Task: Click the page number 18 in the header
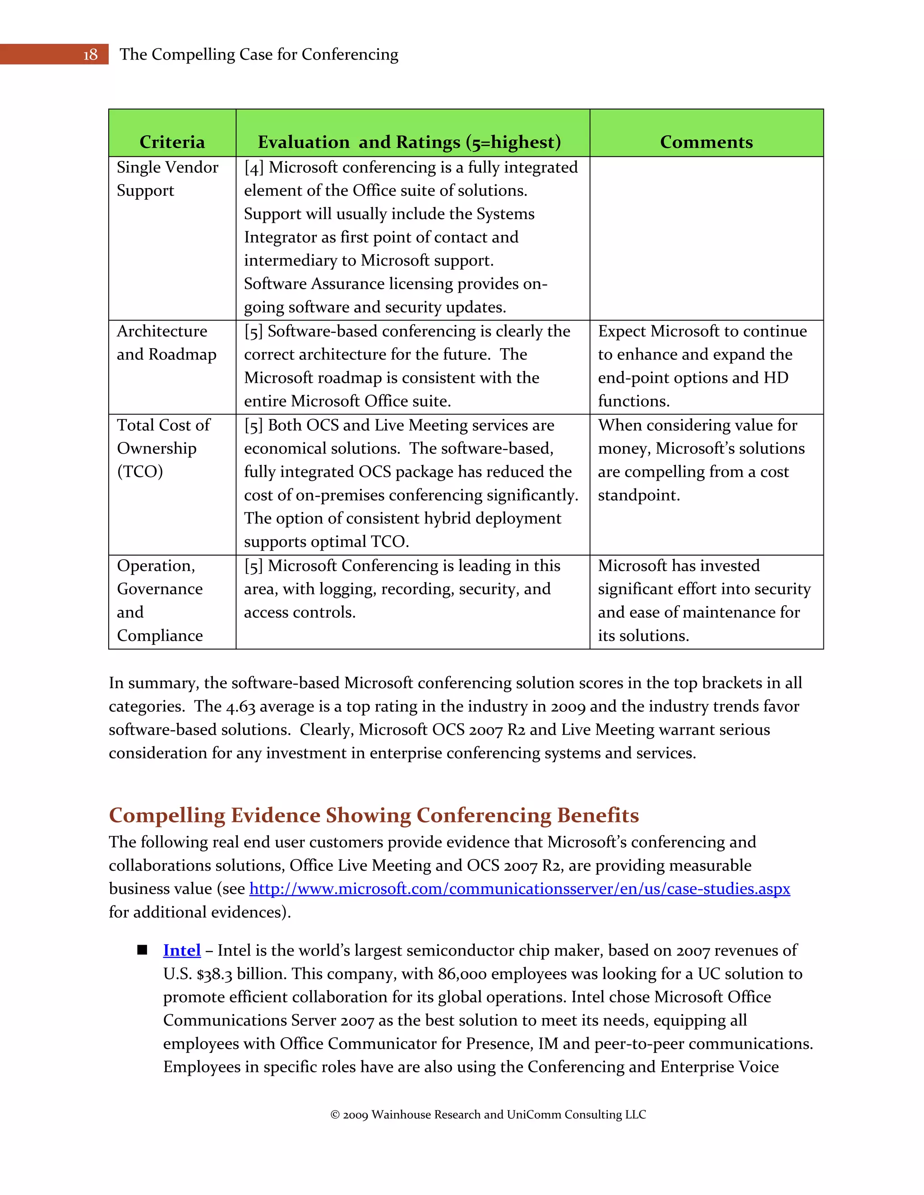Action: point(90,55)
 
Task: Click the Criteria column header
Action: point(172,142)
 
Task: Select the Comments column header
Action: point(706,142)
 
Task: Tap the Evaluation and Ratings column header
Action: point(409,142)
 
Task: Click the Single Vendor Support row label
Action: point(167,179)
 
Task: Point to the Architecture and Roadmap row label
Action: point(166,343)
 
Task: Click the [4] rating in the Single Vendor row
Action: point(254,167)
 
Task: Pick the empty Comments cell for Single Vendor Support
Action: point(706,238)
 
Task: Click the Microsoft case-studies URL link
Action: point(519,889)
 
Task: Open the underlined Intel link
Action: point(182,951)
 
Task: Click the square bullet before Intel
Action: point(142,950)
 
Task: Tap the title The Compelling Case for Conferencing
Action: point(259,55)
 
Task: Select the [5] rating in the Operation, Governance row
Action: point(254,566)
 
